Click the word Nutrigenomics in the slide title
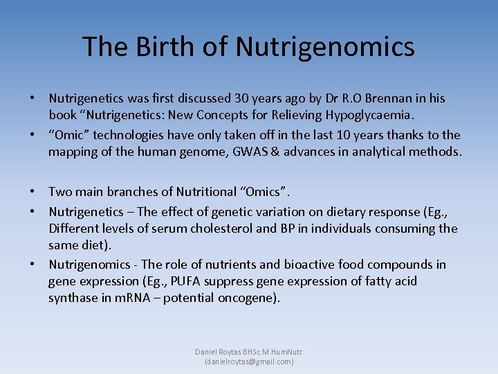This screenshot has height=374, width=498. [325, 46]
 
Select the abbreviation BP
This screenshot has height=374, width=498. [299, 229]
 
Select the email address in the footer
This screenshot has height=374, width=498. [249, 362]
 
